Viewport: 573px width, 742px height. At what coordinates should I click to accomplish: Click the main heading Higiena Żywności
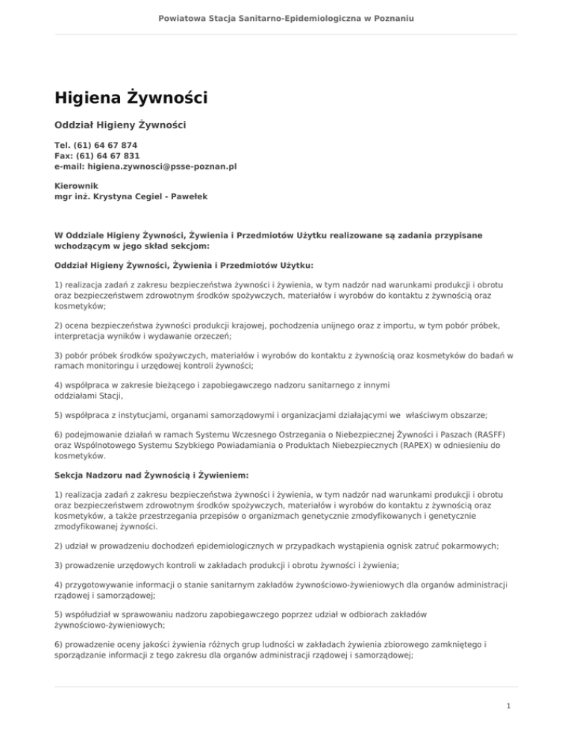pos(131,98)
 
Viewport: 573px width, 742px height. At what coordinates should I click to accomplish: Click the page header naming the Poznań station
pos(286,16)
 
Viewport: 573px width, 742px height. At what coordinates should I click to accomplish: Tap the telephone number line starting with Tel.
pos(95,145)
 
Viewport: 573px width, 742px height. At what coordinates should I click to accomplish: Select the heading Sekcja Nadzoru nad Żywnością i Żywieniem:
pos(151,475)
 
